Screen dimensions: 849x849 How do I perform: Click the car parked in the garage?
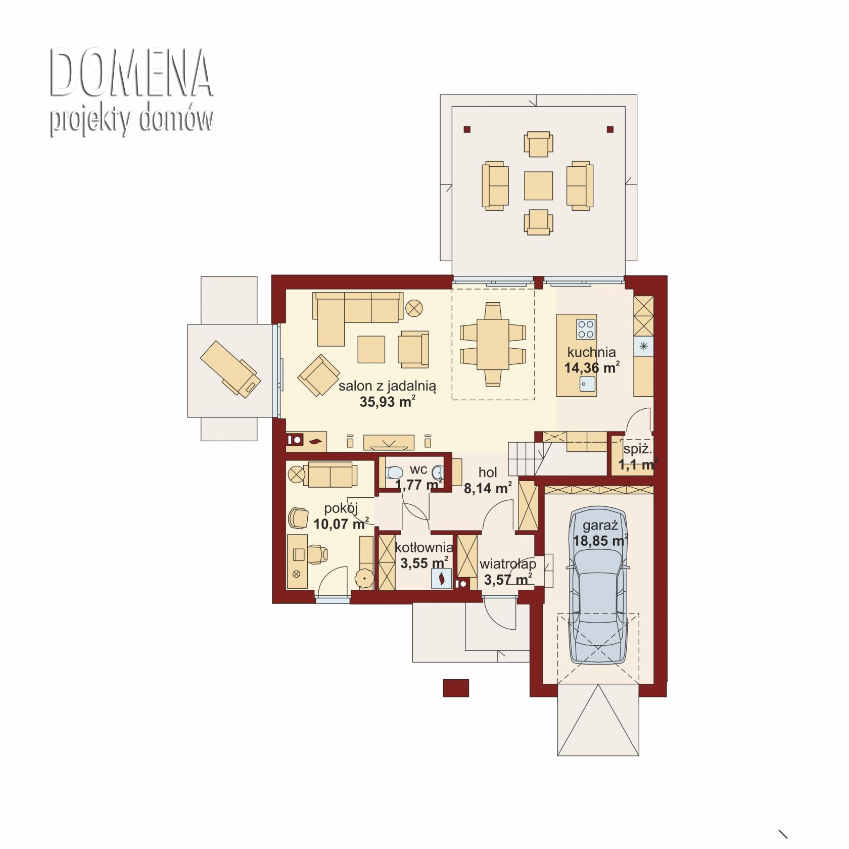(x=599, y=586)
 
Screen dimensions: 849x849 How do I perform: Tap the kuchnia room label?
(x=591, y=352)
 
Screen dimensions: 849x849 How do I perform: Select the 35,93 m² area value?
(x=388, y=401)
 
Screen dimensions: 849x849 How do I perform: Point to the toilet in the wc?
(x=394, y=473)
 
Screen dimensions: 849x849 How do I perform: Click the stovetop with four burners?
(x=586, y=329)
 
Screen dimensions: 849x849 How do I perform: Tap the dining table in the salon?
(x=492, y=344)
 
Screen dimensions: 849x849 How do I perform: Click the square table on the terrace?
(x=538, y=185)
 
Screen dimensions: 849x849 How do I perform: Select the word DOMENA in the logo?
(x=131, y=73)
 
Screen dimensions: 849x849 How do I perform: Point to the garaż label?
(x=600, y=526)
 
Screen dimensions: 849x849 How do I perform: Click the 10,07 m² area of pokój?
(x=341, y=524)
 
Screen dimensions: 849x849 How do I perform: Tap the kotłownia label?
(x=423, y=547)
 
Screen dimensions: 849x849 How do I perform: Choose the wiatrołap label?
(x=507, y=563)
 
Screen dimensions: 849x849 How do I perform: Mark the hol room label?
(x=488, y=472)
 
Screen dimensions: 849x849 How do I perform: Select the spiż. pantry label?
(x=637, y=449)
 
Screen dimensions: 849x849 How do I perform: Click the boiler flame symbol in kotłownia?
(x=442, y=578)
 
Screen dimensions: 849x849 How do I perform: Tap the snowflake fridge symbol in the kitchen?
(x=643, y=346)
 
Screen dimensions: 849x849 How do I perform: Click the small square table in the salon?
(x=371, y=349)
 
